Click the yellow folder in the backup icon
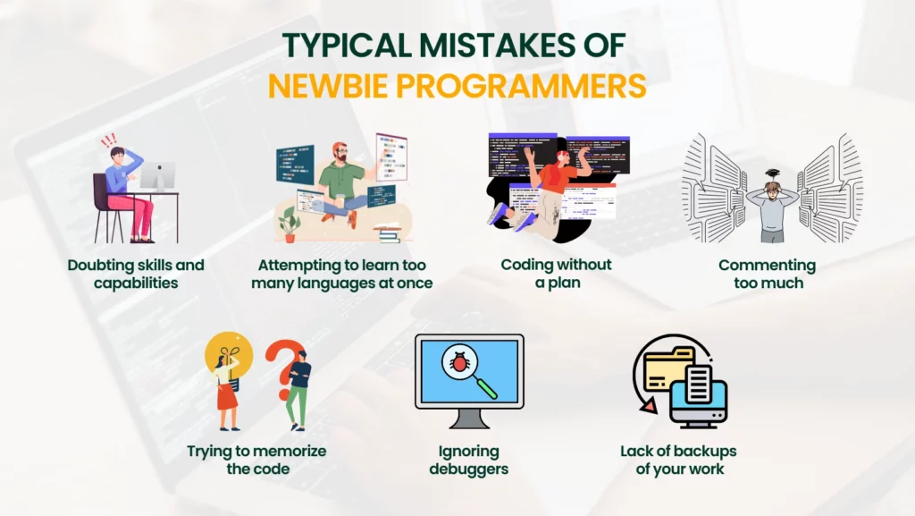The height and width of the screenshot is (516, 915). tap(667, 369)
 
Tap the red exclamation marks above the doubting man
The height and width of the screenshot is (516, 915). tap(109, 140)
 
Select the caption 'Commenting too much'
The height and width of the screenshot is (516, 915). tap(768, 274)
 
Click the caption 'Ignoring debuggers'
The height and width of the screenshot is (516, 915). tap(468, 460)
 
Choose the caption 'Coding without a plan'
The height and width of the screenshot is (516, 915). tap(556, 273)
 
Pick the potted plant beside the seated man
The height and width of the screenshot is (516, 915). tap(289, 224)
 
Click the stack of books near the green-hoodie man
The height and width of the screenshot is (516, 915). tap(388, 233)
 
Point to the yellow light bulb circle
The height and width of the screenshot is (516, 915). tap(228, 355)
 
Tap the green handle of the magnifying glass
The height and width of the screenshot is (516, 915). tap(487, 388)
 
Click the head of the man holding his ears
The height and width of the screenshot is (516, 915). tap(772, 189)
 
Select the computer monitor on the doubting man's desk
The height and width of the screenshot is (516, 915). tap(158, 176)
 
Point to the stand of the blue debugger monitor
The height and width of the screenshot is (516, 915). tap(469, 419)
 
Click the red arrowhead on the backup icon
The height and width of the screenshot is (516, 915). tap(649, 405)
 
